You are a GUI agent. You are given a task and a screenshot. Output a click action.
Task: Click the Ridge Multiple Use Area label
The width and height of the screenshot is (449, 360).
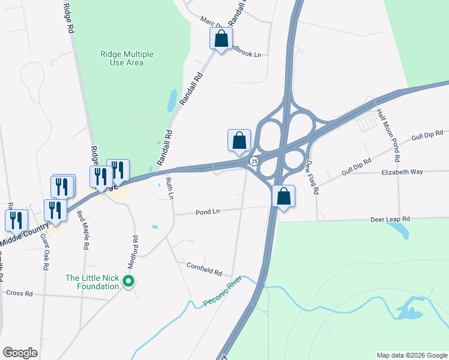coord(127,58)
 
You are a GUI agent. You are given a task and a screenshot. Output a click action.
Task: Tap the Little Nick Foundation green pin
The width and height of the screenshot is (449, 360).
coord(128,281)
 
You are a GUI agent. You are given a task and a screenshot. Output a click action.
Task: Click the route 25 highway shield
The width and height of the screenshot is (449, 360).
coord(255,161)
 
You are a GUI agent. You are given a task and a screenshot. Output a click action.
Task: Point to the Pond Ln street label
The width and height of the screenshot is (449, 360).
coord(206,212)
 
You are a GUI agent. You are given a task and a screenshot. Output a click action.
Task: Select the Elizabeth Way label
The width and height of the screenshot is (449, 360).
coord(402,172)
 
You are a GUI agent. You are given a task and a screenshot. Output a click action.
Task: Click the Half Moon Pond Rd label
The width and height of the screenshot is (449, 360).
coord(388,136)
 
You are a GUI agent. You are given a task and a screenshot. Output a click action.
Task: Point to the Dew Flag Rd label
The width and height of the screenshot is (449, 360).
coord(311,178)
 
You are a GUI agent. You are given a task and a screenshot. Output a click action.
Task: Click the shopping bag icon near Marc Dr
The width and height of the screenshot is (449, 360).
coord(221,39)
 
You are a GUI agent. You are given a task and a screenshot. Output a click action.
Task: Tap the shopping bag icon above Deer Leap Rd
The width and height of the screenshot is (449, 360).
coord(283,196)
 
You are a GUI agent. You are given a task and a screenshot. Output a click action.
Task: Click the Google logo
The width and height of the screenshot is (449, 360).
coord(20,353)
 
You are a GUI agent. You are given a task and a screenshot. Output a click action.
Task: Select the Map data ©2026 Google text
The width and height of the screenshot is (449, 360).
coord(411,355)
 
